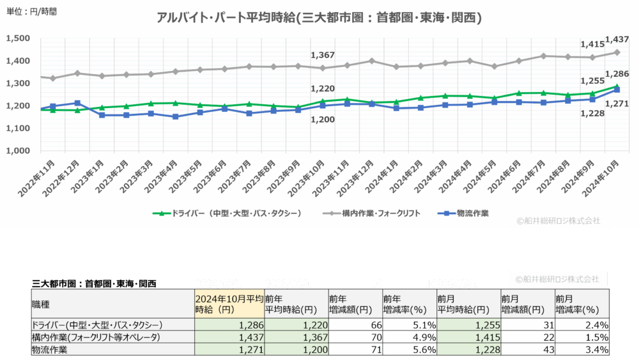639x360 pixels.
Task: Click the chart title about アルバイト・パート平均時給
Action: coord(319,18)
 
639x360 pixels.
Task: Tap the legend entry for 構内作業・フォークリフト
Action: coord(371,213)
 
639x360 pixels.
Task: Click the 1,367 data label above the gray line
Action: coord(322,56)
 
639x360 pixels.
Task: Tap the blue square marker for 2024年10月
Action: coord(617,90)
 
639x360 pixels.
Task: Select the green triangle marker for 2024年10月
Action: coord(617,86)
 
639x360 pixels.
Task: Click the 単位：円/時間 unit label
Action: coord(29,12)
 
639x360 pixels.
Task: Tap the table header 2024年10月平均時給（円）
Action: coord(228,304)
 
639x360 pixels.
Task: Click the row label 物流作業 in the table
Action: coord(51,350)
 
